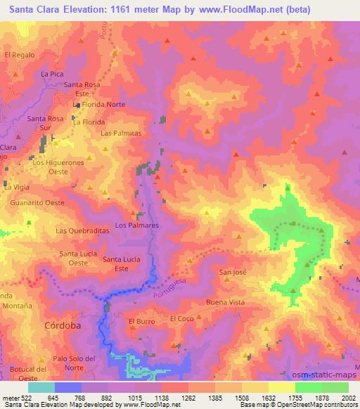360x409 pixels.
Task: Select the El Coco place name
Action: [182, 318]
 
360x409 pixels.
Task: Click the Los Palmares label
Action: [137, 226]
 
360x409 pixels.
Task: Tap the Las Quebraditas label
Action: [82, 231]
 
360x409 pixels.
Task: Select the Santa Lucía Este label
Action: [122, 264]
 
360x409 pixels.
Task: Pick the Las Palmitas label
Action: [122, 133]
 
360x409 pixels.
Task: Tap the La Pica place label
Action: [53, 73]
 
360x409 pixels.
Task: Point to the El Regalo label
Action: [20, 54]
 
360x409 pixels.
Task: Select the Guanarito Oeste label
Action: [37, 202]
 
